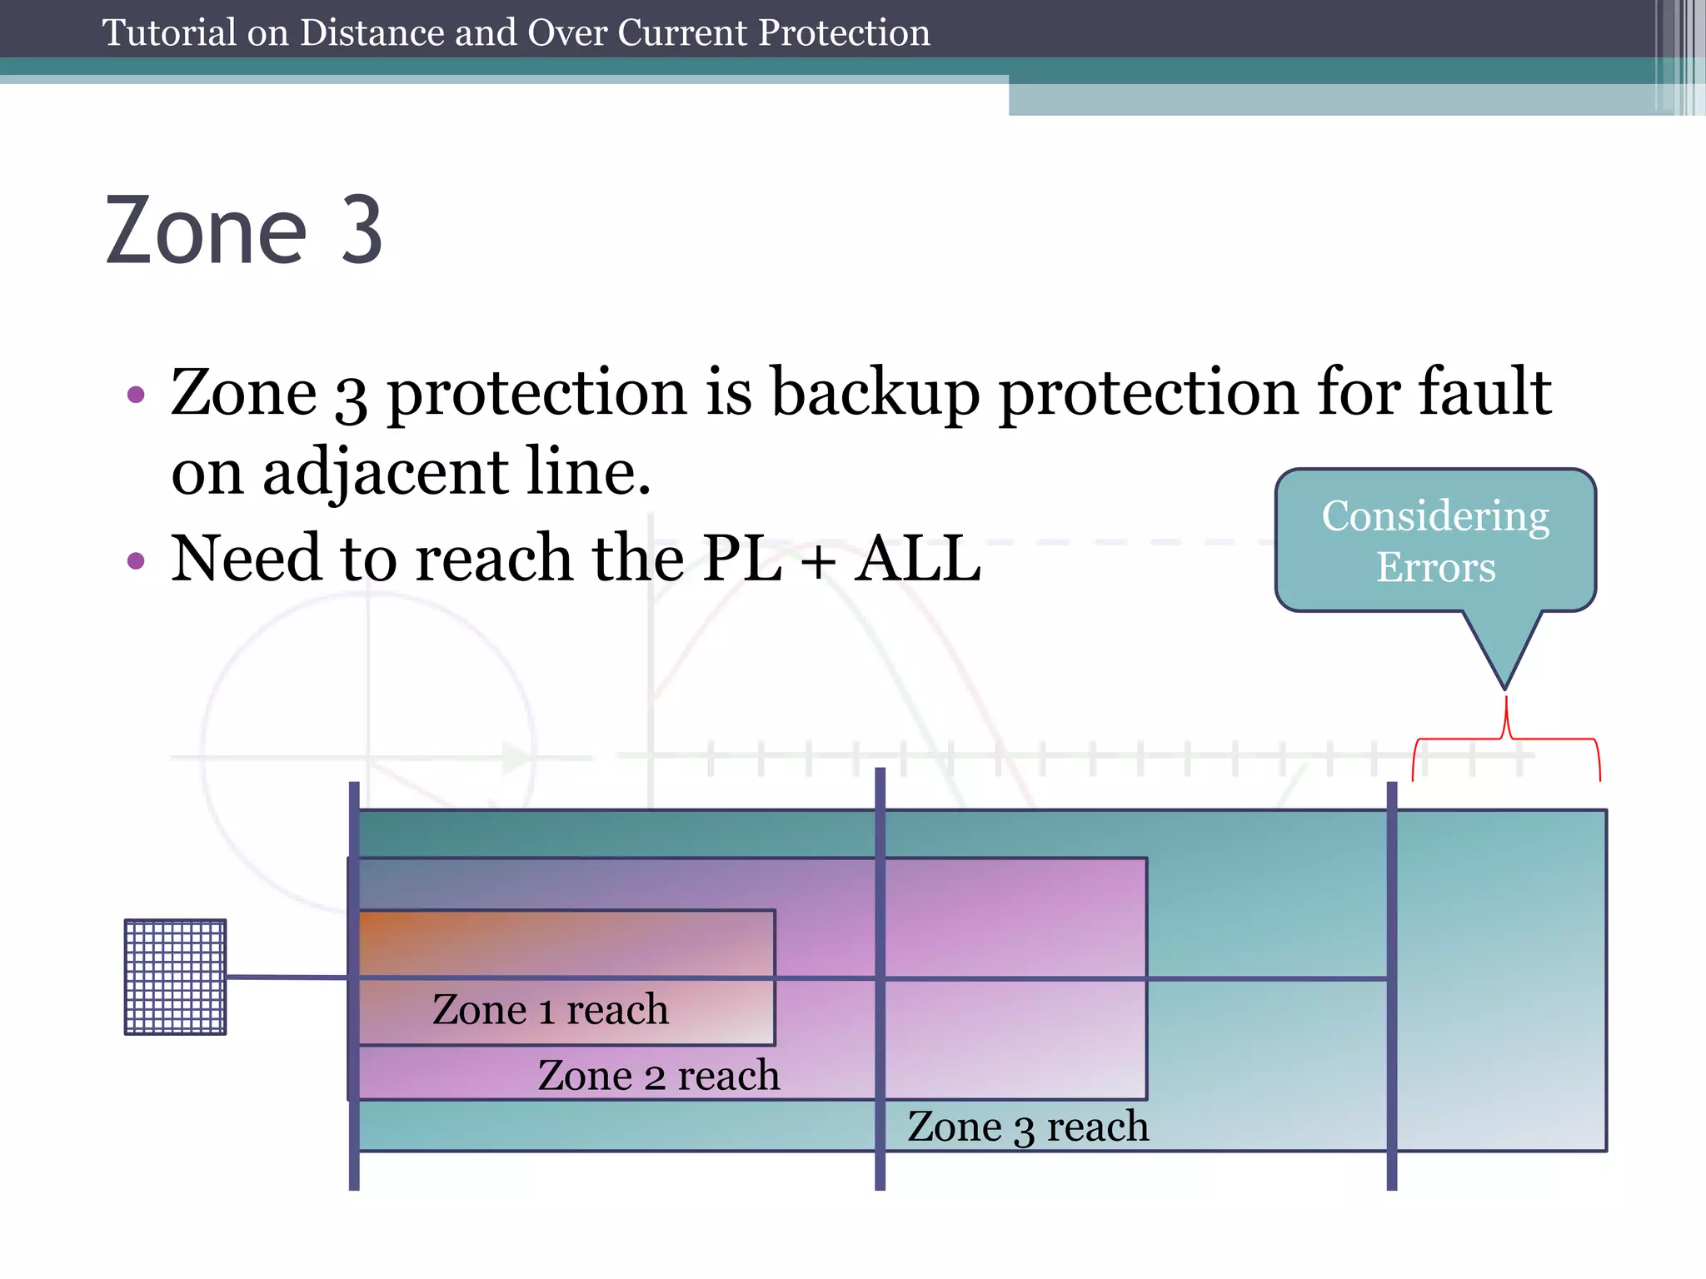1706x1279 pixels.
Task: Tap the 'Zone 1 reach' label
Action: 550,1009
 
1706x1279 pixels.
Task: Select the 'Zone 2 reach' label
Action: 658,1075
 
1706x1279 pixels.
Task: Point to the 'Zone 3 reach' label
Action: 1028,1127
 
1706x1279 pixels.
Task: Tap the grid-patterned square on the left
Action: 175,977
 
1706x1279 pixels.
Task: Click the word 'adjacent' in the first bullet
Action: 385,472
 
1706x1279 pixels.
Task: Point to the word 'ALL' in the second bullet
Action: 919,558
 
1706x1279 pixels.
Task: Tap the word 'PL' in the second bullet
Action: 742,558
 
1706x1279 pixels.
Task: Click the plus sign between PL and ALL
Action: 819,560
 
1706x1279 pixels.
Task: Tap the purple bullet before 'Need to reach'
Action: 136,560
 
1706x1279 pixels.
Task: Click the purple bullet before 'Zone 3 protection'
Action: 136,394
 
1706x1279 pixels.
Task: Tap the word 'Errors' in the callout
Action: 1435,568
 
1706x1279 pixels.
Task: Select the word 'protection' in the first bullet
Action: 536,393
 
